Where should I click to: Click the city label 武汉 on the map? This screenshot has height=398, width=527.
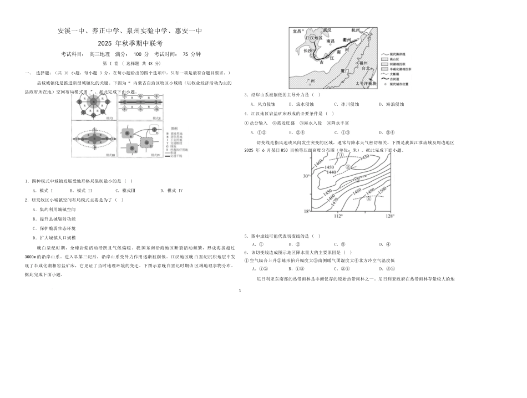[x=326, y=29]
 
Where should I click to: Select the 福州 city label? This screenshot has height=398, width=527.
[x=364, y=63]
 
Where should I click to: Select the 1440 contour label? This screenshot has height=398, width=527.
[x=331, y=173]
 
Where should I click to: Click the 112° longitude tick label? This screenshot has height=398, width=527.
[x=338, y=216]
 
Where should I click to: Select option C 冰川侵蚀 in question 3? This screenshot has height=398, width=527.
[x=347, y=104]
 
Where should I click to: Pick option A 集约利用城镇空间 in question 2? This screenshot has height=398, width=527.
[x=53, y=209]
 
